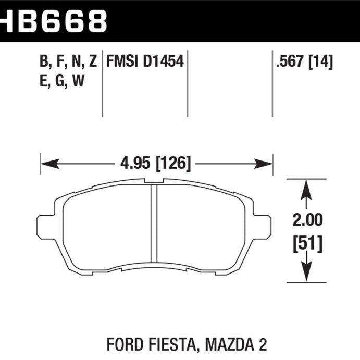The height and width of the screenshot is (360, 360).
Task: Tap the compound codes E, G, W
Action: [x=62, y=81]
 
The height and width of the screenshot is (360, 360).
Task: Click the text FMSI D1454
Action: [x=145, y=62]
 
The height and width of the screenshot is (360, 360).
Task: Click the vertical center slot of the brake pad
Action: [x=154, y=222]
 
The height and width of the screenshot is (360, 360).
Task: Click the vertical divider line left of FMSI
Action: [x=102, y=83]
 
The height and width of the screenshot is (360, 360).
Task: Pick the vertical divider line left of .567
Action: [x=272, y=83]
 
